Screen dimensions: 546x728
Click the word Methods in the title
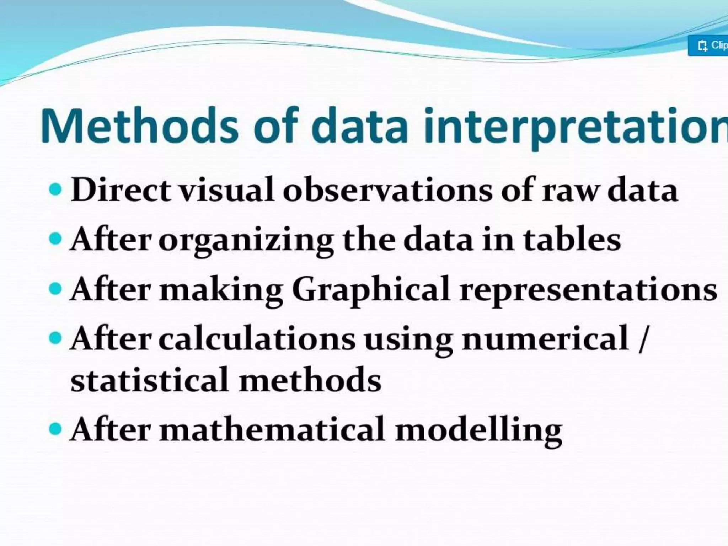(139, 126)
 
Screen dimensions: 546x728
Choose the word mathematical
(272, 429)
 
